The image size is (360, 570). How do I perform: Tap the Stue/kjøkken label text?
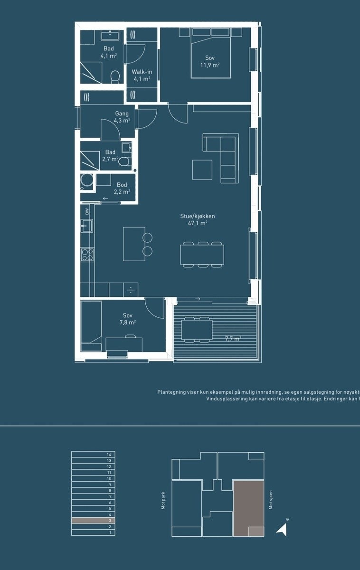198,216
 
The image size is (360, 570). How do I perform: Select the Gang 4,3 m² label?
122,117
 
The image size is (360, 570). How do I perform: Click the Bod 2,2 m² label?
122,188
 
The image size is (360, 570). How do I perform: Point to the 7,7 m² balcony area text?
233,339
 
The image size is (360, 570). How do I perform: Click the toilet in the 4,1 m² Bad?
115,76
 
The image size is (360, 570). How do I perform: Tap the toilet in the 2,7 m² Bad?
125,161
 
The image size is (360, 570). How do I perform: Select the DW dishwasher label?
87,211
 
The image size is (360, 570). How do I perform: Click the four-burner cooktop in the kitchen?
87,255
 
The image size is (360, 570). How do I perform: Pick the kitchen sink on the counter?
87,226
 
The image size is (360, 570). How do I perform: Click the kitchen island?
134,244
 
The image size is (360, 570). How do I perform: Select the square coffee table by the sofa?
202,170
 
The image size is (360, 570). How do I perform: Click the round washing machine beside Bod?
86,181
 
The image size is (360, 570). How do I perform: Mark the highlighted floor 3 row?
93,521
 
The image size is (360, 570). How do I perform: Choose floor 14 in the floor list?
93,454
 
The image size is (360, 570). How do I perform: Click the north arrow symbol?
282,530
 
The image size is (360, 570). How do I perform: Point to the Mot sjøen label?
271,500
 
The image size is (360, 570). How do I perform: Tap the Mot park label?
163,500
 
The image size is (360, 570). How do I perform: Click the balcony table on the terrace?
197,330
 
